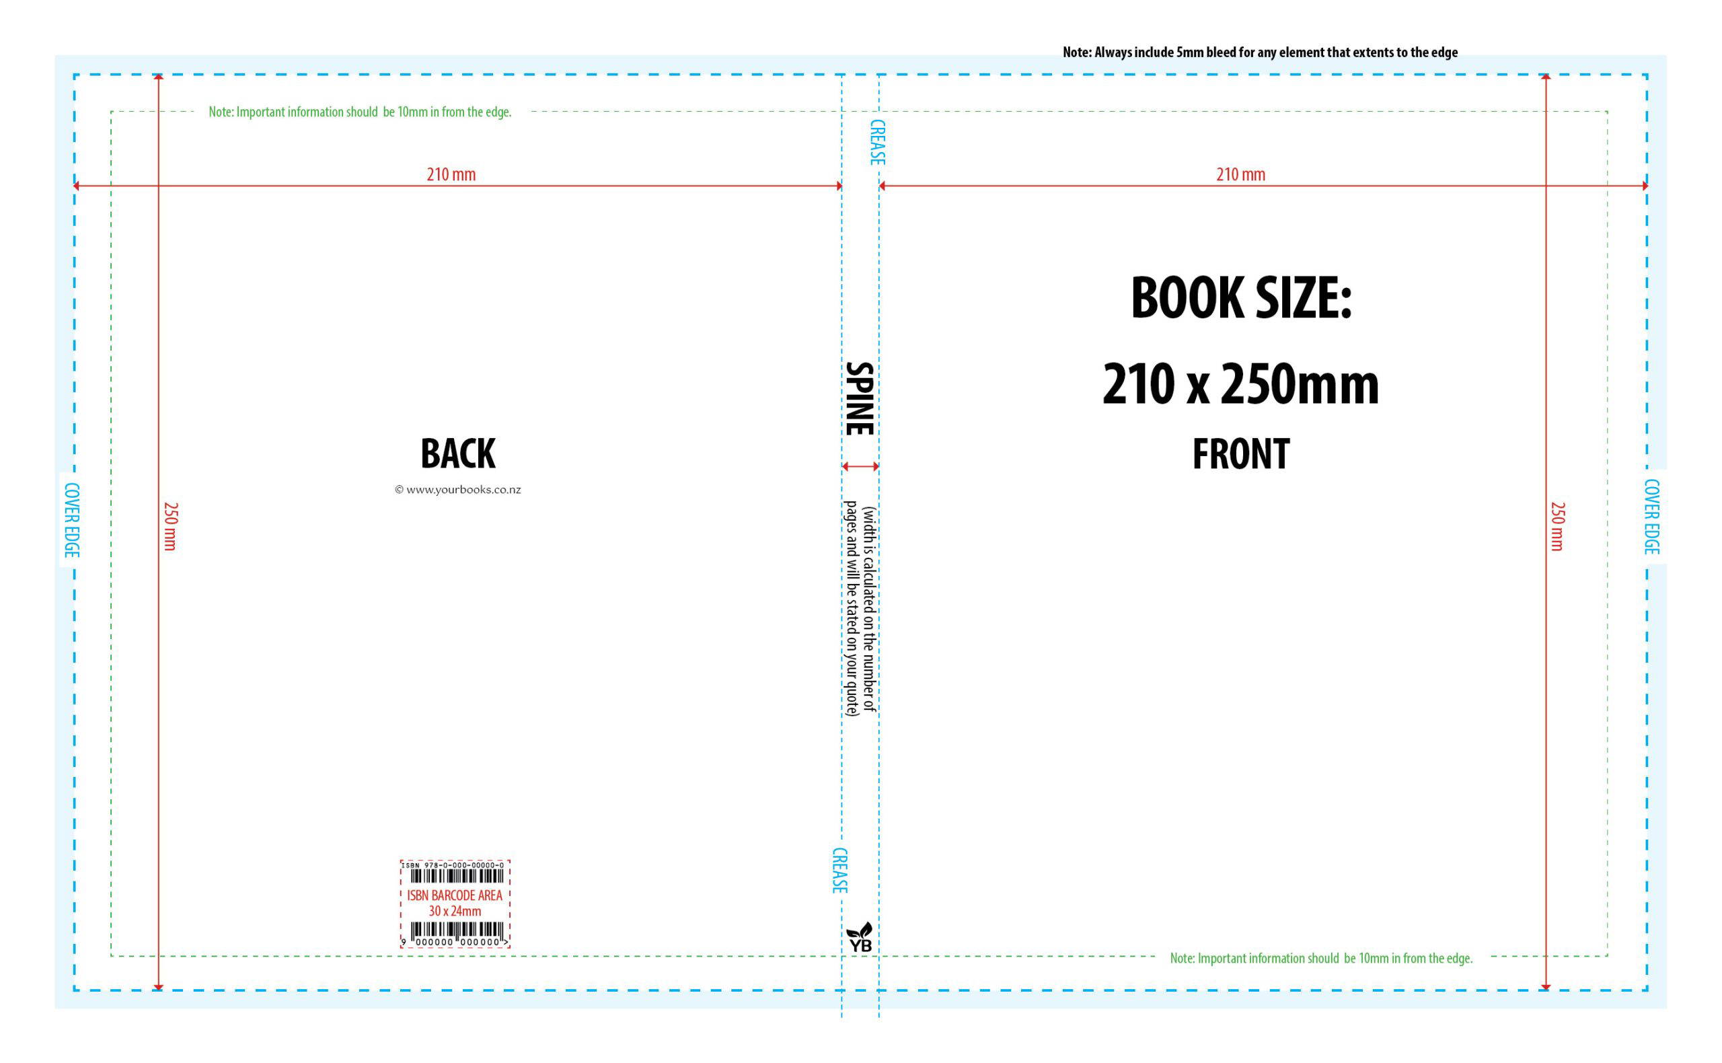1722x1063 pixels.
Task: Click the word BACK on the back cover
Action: [x=457, y=453]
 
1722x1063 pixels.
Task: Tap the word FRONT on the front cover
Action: [x=1240, y=453]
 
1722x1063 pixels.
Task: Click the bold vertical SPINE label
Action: [x=859, y=398]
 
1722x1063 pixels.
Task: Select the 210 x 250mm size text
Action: [x=1240, y=384]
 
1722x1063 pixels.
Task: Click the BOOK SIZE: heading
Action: [x=1241, y=298]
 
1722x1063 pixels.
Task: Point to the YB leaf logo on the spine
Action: [x=860, y=937]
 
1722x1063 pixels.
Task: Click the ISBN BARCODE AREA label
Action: [x=455, y=895]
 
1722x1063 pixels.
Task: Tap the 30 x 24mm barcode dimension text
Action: [x=455, y=911]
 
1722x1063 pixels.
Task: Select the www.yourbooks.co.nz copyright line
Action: [x=457, y=490]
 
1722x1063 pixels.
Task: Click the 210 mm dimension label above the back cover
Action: [x=451, y=174]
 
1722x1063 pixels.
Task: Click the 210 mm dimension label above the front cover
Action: [x=1240, y=174]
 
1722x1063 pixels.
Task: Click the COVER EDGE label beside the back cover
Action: [x=72, y=519]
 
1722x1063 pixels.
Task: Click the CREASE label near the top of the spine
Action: [x=877, y=142]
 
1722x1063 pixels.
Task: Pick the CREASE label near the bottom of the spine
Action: [x=839, y=871]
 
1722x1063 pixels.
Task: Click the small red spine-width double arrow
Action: [x=860, y=466]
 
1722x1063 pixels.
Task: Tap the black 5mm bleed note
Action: [x=1261, y=52]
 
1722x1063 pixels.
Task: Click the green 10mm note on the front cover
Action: [x=1321, y=958]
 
